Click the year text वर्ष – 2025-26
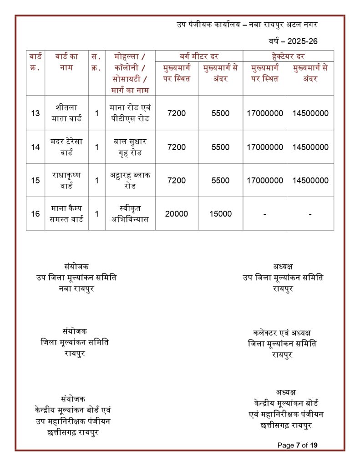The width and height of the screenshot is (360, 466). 293,41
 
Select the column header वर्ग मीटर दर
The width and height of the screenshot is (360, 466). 199,56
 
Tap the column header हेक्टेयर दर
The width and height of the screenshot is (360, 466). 288,56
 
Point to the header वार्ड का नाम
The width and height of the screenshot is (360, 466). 66,62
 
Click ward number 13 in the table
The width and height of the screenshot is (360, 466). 35,113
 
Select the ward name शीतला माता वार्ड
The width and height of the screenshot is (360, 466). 66,113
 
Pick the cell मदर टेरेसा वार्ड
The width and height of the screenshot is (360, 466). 66,147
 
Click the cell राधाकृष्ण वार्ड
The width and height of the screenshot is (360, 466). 66,180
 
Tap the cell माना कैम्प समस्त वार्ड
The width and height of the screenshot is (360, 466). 66,213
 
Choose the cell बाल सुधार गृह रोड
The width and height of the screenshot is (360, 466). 130,147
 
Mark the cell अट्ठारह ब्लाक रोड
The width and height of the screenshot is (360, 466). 130,180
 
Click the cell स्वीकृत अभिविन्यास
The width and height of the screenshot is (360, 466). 130,213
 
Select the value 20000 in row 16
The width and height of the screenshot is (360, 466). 176,213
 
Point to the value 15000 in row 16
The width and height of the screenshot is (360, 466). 221,213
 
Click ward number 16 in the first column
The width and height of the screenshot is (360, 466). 35,213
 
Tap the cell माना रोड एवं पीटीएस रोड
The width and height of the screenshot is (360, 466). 130,113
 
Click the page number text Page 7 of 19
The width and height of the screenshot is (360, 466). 297,445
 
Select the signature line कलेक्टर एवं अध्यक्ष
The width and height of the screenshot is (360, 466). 282,333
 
